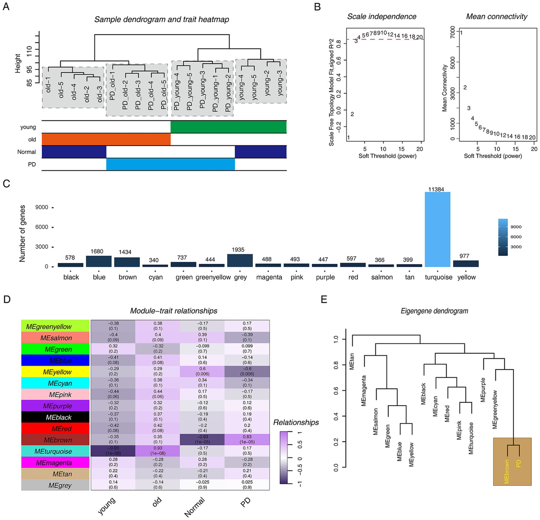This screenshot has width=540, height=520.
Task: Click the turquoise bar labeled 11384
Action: coord(437,229)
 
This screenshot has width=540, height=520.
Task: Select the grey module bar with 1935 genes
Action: coord(240,260)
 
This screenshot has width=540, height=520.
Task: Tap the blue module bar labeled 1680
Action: coord(99,261)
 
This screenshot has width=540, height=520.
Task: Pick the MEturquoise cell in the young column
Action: coord(113,451)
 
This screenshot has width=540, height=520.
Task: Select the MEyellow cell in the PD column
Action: coord(247,372)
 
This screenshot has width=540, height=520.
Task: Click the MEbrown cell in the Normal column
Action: coord(202,440)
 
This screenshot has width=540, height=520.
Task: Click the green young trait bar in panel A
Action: coord(228,127)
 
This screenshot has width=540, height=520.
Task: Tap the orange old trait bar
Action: coord(106,139)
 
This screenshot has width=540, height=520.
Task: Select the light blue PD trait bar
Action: coord(170,164)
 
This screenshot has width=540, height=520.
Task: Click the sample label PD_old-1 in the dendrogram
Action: coord(112,89)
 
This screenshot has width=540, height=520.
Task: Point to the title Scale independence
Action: coord(382,17)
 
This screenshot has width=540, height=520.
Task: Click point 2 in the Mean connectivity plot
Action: coord(465,87)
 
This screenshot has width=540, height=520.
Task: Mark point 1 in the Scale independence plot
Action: coord(348,138)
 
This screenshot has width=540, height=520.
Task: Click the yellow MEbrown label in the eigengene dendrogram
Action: coord(507,471)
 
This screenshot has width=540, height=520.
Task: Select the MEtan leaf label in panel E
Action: coord(352,361)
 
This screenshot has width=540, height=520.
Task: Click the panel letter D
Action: coord(7,298)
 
